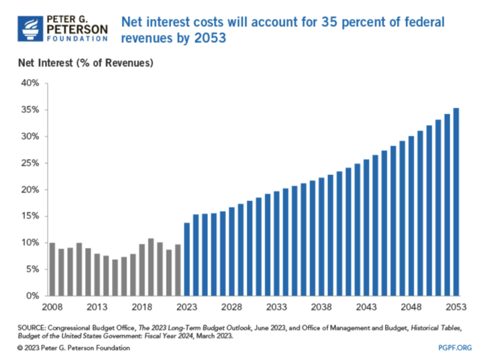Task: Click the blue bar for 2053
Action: [x=456, y=202]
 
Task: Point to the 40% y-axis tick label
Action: [x=31, y=84]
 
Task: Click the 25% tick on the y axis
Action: [x=31, y=164]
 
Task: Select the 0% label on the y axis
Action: [x=34, y=296]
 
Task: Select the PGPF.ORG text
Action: [x=454, y=348]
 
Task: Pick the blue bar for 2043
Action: [x=366, y=228]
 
